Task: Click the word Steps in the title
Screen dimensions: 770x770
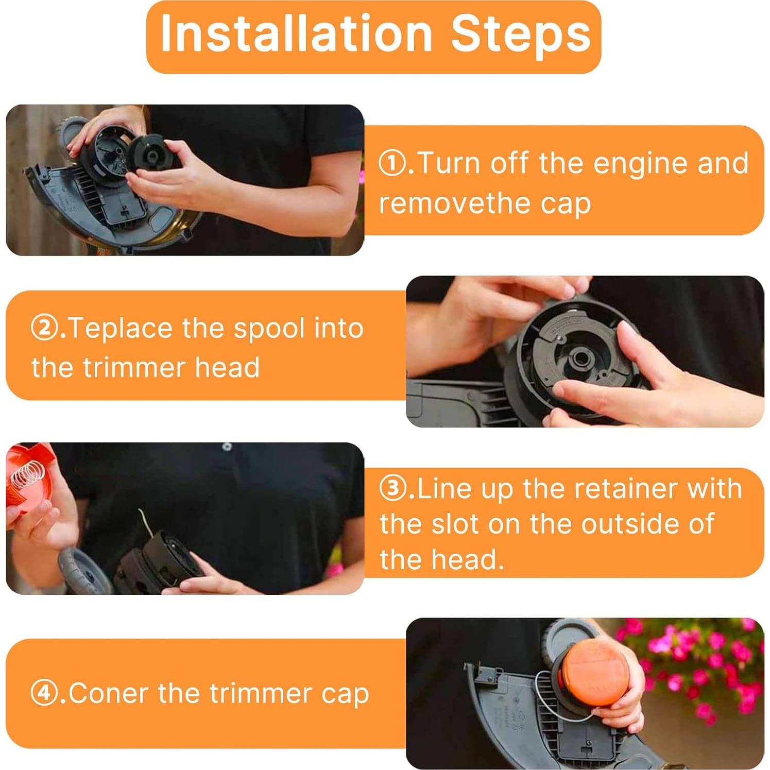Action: [x=521, y=33]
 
